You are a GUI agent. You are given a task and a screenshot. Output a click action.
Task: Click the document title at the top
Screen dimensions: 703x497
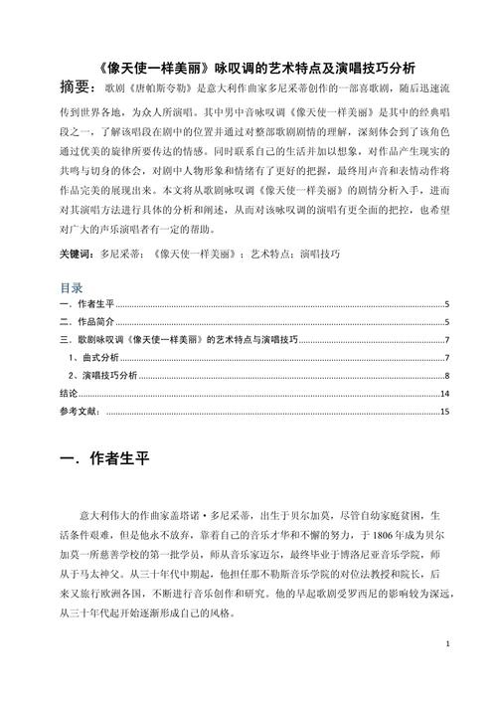point(248,69)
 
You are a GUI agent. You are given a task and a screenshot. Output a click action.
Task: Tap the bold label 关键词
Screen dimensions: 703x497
point(78,254)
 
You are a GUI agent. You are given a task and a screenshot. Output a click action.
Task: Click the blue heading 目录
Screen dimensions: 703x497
point(71,286)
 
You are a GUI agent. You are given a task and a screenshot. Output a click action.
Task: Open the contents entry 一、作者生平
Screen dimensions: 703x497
point(88,305)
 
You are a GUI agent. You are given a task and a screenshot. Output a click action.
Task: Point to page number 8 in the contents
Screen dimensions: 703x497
point(447,375)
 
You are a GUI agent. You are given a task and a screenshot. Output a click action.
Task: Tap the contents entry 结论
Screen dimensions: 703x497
point(69,393)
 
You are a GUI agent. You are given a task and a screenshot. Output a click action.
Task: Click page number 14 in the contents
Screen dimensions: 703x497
point(445,393)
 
